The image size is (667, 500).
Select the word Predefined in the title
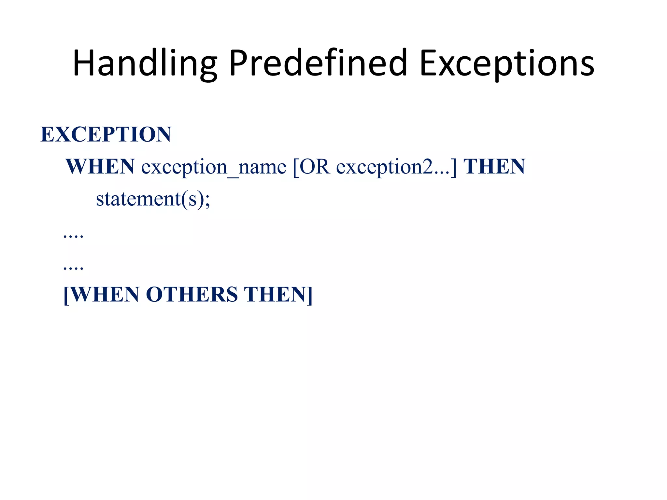318,63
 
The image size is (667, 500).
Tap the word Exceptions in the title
507,63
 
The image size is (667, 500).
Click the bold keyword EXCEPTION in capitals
106,134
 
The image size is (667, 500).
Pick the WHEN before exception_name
100,167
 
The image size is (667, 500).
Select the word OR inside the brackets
315,167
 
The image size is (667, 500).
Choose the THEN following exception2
494,167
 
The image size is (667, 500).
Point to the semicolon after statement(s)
207,201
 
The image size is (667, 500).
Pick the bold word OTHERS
192,295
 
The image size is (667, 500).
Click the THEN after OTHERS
275,295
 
